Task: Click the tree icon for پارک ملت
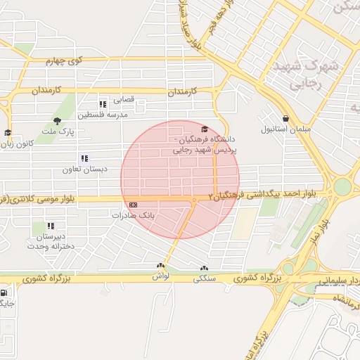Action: pyautogui.click(x=58, y=121)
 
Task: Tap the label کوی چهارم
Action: pyautogui.click(x=65, y=61)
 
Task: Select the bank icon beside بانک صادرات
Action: pyautogui.click(x=134, y=204)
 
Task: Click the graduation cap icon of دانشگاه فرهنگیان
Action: pyautogui.click(x=205, y=129)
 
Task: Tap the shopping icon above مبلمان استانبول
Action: pyautogui.click(x=285, y=118)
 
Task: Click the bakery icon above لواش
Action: pyautogui.click(x=161, y=266)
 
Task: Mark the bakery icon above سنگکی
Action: pyautogui.click(x=204, y=267)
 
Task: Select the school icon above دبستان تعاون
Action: pyautogui.click(x=84, y=158)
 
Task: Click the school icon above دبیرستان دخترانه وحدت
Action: pyautogui.click(x=51, y=226)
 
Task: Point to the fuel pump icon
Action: pyautogui.click(x=6, y=293)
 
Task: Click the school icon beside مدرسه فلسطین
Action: pyautogui.click(x=103, y=104)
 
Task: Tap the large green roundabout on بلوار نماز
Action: pyautogui.click(x=342, y=187)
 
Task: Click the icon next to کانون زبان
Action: pyautogui.click(x=8, y=132)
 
